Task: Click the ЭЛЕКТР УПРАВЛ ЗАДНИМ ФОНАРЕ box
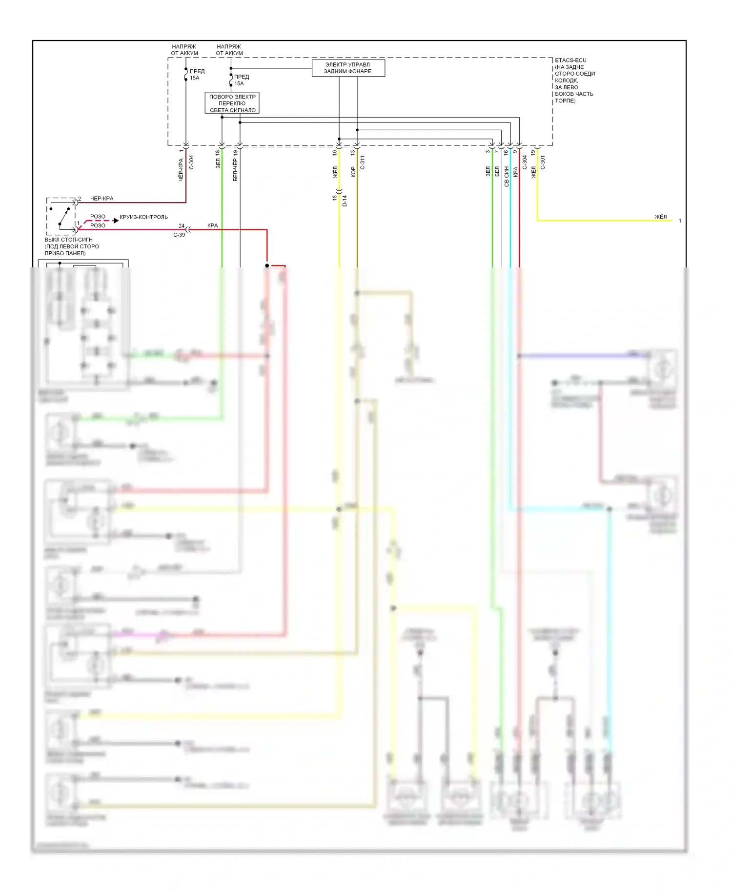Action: pyautogui.click(x=348, y=68)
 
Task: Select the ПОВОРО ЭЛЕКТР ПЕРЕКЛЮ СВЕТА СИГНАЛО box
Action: pyautogui.click(x=232, y=103)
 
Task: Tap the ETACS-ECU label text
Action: pyautogui.click(x=570, y=61)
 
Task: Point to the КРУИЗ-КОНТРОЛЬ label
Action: pyautogui.click(x=143, y=217)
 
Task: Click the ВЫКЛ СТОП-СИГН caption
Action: pyautogui.click(x=68, y=240)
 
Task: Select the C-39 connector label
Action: pyautogui.click(x=179, y=235)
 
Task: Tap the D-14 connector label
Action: pyautogui.click(x=345, y=201)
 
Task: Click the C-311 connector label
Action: pyautogui.click(x=363, y=162)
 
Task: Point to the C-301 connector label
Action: pyautogui.click(x=543, y=162)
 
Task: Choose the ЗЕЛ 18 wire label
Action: pyautogui.click(x=218, y=160)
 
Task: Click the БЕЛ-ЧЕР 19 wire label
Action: pyautogui.click(x=236, y=166)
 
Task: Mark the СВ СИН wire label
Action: pyautogui.click(x=507, y=176)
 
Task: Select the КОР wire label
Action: pyautogui.click(x=353, y=172)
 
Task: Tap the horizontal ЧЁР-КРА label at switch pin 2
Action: pyautogui.click(x=102, y=199)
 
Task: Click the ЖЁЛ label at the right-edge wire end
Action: pyautogui.click(x=660, y=217)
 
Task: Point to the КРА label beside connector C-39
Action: pyautogui.click(x=212, y=225)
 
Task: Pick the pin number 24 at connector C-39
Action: pyautogui.click(x=182, y=226)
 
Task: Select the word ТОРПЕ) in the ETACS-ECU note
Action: pyautogui.click(x=565, y=101)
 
